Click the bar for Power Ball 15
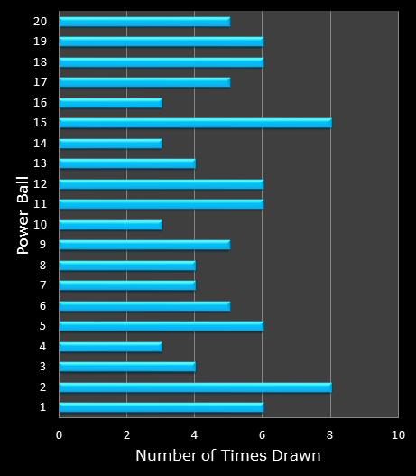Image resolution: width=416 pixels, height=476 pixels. [x=195, y=122]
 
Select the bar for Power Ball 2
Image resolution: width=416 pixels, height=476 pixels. [x=195, y=387]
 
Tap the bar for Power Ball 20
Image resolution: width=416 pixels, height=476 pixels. [x=144, y=21]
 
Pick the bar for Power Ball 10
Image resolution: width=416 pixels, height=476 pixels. [x=110, y=224]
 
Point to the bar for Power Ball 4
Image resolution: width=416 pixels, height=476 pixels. [x=110, y=346]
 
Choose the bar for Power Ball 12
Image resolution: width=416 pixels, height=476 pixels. [x=161, y=183]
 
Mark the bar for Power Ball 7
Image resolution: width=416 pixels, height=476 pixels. [x=127, y=285]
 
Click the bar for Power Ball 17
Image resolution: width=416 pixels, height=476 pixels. [x=144, y=81]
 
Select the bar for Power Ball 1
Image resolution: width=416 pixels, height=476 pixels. [x=161, y=407]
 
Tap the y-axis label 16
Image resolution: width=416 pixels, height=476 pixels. [x=41, y=102]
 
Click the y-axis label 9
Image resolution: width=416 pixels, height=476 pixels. [x=43, y=244]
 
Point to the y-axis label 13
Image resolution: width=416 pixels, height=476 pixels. [x=41, y=163]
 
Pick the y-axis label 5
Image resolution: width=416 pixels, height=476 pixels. [x=43, y=326]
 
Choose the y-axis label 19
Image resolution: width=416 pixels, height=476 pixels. [x=41, y=41]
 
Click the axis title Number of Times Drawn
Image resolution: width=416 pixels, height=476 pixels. [x=228, y=456]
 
